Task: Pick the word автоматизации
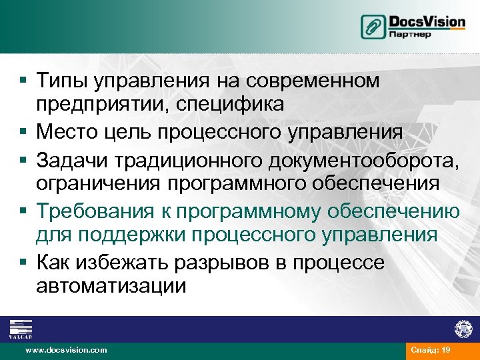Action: [x=111, y=286]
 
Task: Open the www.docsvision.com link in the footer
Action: [x=65, y=350]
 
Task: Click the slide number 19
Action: [x=446, y=350]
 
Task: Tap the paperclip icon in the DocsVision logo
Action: [x=373, y=27]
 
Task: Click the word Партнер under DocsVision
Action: [x=410, y=34]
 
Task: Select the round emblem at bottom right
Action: [x=463, y=329]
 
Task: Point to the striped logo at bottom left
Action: [x=20, y=327]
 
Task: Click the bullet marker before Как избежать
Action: [x=23, y=262]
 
